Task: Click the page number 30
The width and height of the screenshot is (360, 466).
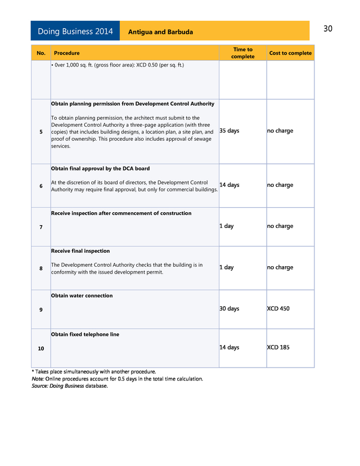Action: click(x=328, y=29)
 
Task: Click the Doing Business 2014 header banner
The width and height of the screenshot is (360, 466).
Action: click(x=75, y=31)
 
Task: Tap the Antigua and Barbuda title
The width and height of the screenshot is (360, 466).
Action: click(x=160, y=32)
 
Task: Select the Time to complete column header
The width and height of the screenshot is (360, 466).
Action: click(x=242, y=53)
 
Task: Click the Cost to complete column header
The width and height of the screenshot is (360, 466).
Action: click(x=290, y=53)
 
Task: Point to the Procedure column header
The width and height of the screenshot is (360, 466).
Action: click(x=66, y=53)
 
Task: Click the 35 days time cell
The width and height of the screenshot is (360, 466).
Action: click(x=229, y=131)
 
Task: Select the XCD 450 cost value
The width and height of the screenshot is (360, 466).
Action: click(x=278, y=308)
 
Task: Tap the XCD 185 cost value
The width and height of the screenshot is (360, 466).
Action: click(x=278, y=347)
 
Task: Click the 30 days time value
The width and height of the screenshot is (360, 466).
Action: click(x=229, y=308)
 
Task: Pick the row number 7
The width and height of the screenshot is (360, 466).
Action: click(x=41, y=227)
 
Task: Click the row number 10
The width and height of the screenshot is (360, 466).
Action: click(x=41, y=349)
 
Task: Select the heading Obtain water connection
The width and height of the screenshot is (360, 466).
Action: click(x=82, y=295)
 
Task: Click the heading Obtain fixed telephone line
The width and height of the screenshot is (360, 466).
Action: click(x=85, y=334)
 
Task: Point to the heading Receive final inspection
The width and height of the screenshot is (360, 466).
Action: click(x=80, y=251)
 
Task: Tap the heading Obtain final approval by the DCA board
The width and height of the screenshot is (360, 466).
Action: click(x=100, y=168)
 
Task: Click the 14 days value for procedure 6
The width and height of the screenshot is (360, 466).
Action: click(x=229, y=185)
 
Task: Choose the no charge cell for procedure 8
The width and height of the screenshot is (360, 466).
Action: click(x=280, y=267)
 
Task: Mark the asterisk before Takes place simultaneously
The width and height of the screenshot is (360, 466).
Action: click(x=33, y=371)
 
